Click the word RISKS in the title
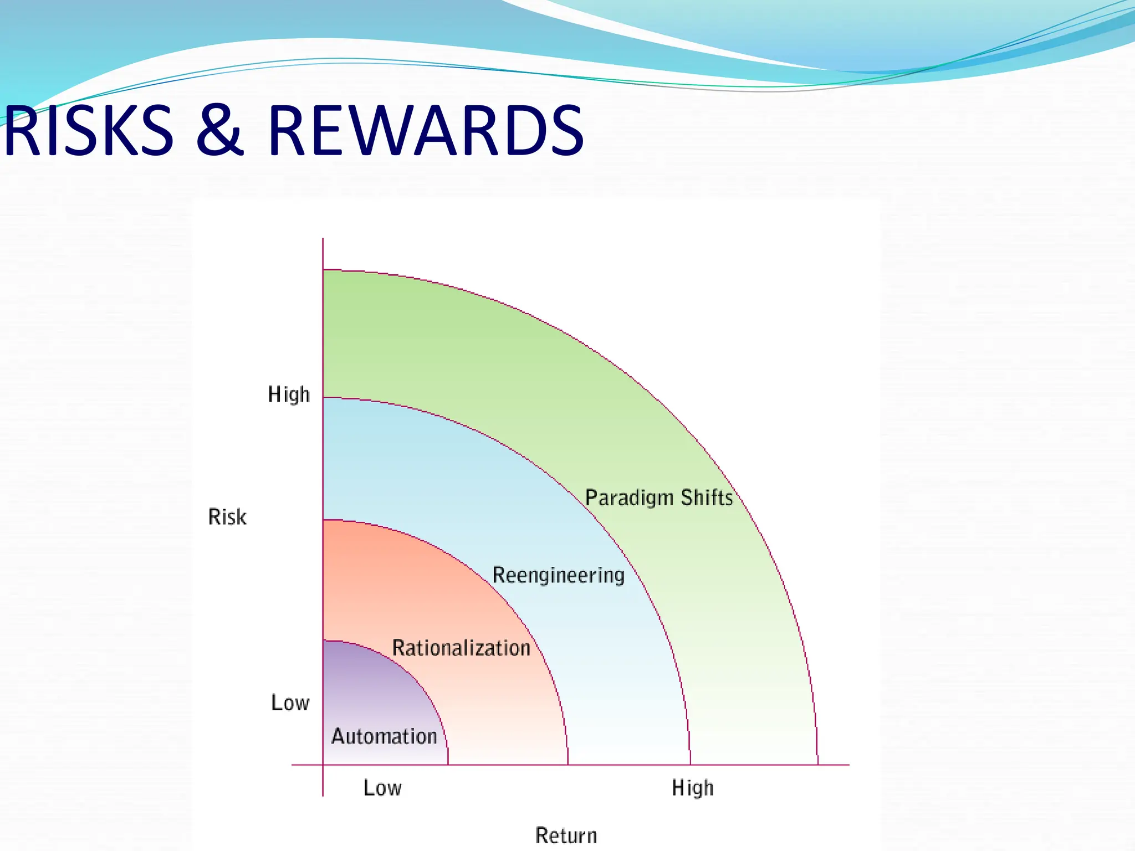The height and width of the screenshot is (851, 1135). pyautogui.click(x=89, y=131)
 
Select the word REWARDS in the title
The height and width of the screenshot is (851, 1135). pyautogui.click(x=426, y=131)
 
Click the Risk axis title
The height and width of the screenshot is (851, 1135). pyautogui.click(x=227, y=517)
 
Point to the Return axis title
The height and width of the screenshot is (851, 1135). pyautogui.click(x=566, y=835)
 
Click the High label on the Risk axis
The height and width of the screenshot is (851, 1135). pyautogui.click(x=289, y=394)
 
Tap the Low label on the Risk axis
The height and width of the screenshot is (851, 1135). pyautogui.click(x=290, y=703)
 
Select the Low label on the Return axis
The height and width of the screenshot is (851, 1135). pyautogui.click(x=382, y=787)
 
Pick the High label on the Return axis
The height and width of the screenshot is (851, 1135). pyautogui.click(x=693, y=787)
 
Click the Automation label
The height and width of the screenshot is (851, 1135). pyautogui.click(x=384, y=736)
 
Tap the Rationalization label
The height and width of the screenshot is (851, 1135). pyautogui.click(x=461, y=648)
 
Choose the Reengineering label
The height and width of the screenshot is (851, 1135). pyautogui.click(x=559, y=575)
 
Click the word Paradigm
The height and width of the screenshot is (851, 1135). pyautogui.click(x=629, y=498)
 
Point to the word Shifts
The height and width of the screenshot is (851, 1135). pyautogui.click(x=707, y=498)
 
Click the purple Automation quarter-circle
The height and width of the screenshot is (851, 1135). pyautogui.click(x=371, y=687)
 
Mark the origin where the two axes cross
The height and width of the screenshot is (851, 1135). pyautogui.click(x=323, y=765)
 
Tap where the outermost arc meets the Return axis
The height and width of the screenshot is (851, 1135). pyautogui.click(x=818, y=765)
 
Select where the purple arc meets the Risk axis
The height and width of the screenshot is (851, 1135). pyautogui.click(x=323, y=641)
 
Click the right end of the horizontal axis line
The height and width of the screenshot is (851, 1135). pyautogui.click(x=848, y=765)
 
